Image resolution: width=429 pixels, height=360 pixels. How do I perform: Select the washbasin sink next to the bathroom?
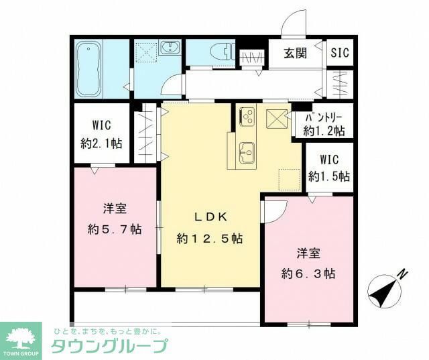tap(170, 49)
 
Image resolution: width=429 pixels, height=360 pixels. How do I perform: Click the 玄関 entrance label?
tap(294, 54)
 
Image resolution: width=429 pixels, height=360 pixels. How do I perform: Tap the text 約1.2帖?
tap(324, 131)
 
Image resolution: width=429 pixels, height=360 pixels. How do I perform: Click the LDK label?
tap(211, 217)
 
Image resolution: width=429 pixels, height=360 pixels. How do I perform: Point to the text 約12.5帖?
tap(210, 239)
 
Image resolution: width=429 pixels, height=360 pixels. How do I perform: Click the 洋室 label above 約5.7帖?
tap(115, 208)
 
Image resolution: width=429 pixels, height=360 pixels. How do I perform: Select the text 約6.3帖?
tap(308, 274)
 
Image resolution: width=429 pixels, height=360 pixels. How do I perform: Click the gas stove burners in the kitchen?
tap(246, 117)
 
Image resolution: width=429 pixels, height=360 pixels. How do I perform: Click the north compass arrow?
tap(383, 291)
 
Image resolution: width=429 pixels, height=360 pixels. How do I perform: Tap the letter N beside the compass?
tap(402, 274)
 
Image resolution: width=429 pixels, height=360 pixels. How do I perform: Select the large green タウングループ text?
tap(109, 347)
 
